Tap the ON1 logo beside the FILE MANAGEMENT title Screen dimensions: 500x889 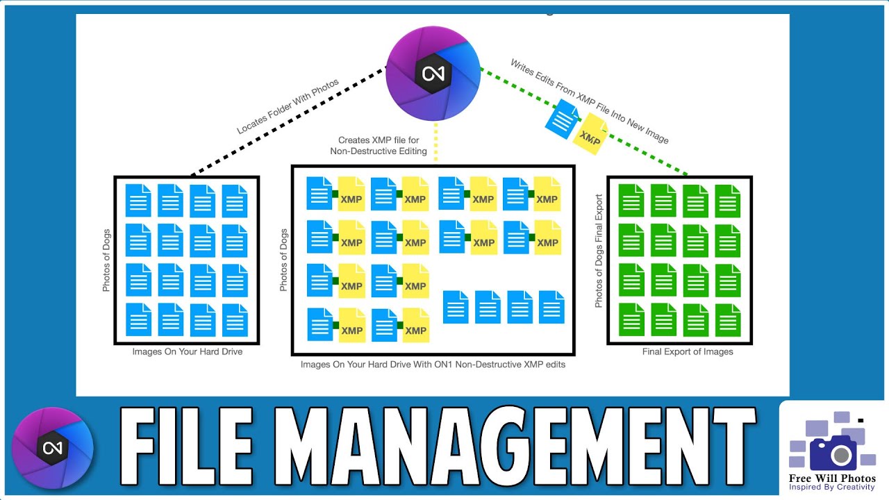coord(53,448)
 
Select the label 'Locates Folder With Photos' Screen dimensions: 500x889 coord(288,106)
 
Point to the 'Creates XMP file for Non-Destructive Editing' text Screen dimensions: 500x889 coord(382,145)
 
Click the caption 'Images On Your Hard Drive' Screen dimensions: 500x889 coord(188,352)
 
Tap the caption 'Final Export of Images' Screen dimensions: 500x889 coord(688,352)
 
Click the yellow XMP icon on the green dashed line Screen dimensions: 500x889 coord(590,137)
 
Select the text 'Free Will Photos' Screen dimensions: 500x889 coord(832,478)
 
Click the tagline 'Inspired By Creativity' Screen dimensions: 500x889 coord(832,487)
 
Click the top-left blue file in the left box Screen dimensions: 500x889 coord(138,201)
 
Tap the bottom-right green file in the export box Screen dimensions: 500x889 coord(728,319)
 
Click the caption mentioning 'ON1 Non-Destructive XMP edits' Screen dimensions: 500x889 coord(433,365)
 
